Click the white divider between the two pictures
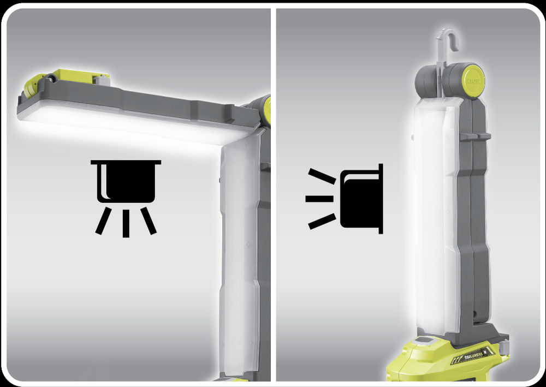(x=273, y=218)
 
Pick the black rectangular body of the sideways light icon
(x=360, y=199)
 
